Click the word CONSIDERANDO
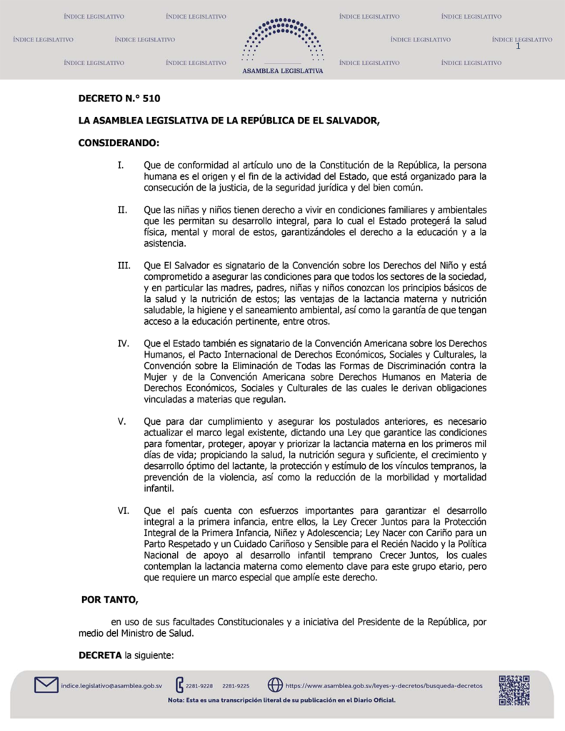point(119,143)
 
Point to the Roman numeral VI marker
point(123,511)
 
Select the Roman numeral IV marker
point(124,344)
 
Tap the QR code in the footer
point(514,690)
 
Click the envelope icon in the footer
point(46,685)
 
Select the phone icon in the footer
point(179,685)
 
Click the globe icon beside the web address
point(275,685)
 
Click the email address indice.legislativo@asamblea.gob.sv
point(111,686)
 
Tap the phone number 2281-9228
point(199,686)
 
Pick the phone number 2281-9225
point(236,686)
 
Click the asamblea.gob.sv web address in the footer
point(384,686)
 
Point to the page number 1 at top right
point(516,47)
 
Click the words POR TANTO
point(109,598)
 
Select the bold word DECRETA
point(100,655)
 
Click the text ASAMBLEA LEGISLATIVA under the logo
point(283,71)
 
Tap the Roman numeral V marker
point(121,421)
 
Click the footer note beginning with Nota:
point(281,700)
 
